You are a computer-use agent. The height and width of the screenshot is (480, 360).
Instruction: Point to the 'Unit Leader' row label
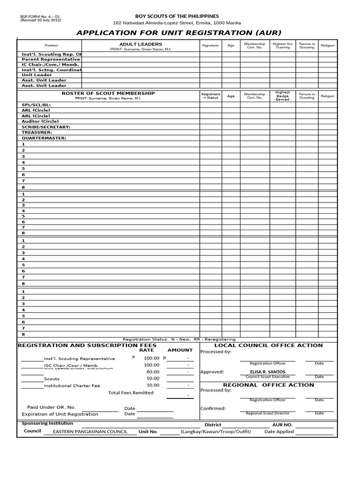37,75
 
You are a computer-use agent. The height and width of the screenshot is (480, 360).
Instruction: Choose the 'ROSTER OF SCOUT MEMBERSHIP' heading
108,93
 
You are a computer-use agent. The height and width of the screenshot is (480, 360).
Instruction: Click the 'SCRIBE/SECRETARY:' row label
46,127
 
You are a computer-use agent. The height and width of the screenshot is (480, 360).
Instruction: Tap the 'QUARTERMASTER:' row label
44,138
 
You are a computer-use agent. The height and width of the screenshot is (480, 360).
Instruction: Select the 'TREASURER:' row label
37,133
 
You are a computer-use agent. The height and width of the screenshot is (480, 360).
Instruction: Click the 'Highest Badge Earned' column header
283,96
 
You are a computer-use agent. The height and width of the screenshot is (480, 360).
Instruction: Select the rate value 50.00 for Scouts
153,378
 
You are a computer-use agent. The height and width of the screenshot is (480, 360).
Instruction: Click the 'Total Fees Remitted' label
131,393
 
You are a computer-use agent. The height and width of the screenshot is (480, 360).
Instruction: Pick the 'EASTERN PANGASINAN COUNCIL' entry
90,432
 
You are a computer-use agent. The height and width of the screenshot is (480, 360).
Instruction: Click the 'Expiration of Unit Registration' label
60,414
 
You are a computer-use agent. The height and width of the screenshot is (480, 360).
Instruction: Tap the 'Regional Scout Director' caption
268,413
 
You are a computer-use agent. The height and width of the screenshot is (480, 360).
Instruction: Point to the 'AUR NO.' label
282,425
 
